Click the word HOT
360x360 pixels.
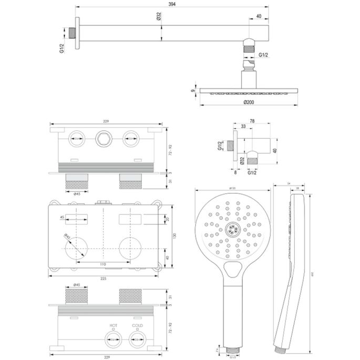[113, 326]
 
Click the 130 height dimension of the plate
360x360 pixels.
[174, 236]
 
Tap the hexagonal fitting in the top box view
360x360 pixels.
[104, 139]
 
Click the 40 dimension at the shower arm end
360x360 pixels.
[259, 16]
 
